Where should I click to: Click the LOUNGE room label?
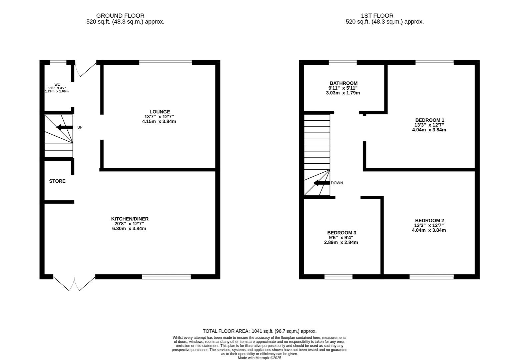tap(159, 112)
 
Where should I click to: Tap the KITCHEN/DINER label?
tap(130, 219)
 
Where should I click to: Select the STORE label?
tap(57, 181)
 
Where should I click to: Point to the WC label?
tap(57, 85)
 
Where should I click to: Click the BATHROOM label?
tap(344, 83)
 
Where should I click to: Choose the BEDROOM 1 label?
tap(430, 120)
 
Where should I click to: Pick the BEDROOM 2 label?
tap(429, 220)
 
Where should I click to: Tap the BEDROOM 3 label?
tap(342, 233)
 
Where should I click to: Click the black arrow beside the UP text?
tap(64, 127)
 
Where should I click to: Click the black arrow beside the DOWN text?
tap(322, 183)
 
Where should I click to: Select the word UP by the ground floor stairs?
tap(80, 127)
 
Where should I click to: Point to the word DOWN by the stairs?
tap(337, 183)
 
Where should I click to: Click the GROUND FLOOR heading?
tap(120, 16)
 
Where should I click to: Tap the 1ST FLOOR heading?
tap(377, 16)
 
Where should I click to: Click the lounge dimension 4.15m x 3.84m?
tap(159, 121)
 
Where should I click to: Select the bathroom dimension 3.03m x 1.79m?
tap(343, 93)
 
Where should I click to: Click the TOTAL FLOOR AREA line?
tap(259, 331)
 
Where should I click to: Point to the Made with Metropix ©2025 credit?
tap(259, 358)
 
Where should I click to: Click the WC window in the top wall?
tap(58, 62)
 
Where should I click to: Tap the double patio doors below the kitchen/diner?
tap(74, 283)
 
